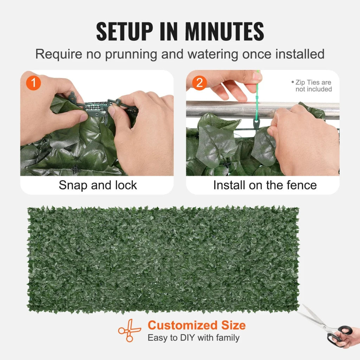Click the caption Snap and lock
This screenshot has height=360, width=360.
coord(97,185)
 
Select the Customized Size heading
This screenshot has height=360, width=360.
coord(196,325)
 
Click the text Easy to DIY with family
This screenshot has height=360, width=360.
coord(193,338)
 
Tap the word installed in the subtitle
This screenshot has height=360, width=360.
coord(300,54)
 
